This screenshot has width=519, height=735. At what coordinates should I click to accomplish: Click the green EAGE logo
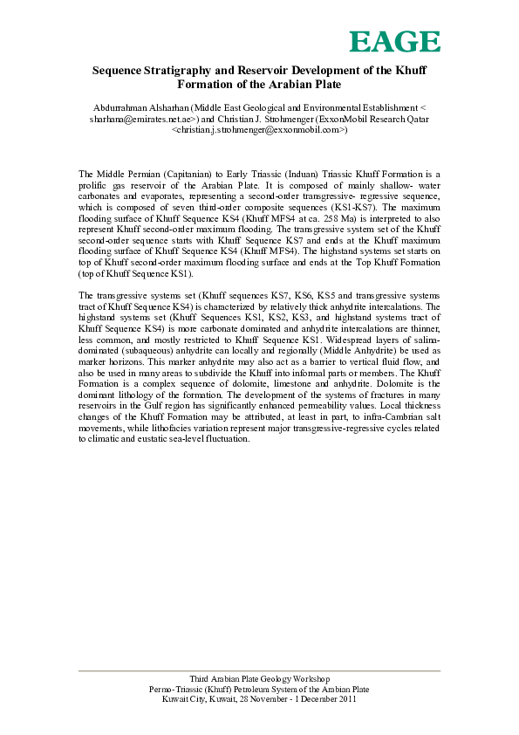394,42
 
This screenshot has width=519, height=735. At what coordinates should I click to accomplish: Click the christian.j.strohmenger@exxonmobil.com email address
259,128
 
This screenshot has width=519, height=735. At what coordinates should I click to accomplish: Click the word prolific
94,186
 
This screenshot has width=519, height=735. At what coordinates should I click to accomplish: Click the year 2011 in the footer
346,699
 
